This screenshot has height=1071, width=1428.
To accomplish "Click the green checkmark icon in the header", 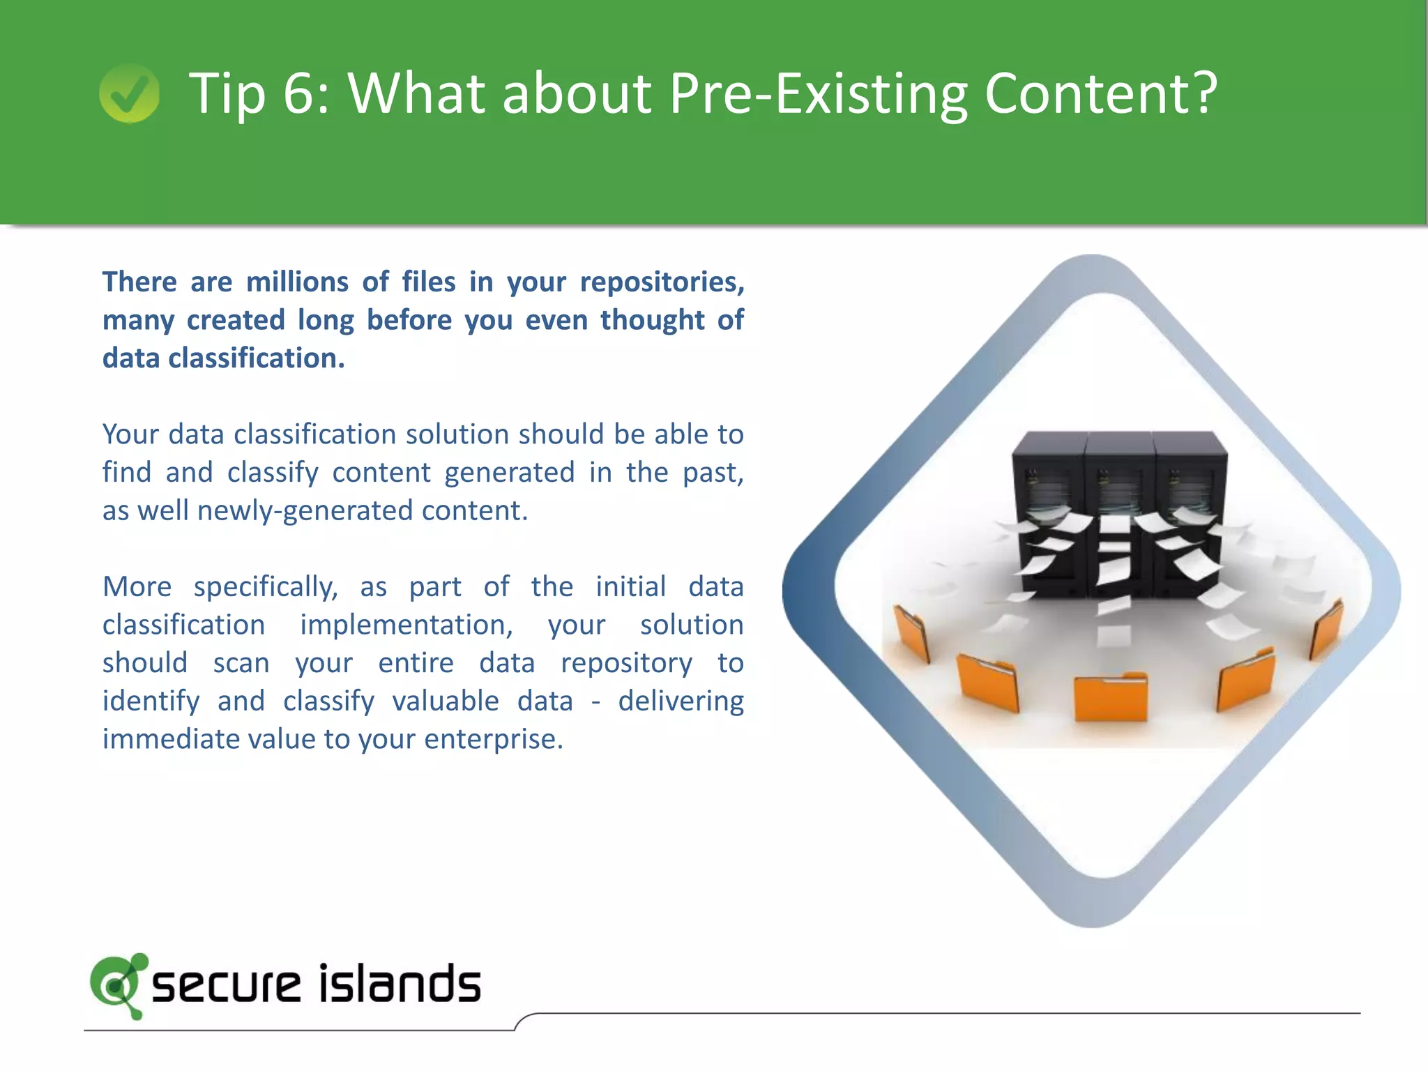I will [129, 93].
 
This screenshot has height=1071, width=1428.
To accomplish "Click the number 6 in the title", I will [299, 93].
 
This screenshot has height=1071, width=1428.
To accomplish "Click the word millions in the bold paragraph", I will [297, 282].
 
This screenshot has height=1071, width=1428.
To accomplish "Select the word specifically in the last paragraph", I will [266, 588].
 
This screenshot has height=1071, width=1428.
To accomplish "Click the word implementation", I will [407, 625].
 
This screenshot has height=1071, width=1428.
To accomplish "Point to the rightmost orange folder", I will [1326, 628].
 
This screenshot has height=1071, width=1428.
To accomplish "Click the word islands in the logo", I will [400, 985].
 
